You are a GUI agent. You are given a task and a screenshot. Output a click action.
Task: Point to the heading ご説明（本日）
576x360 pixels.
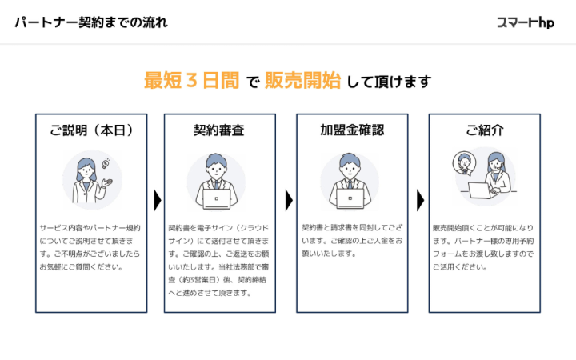(91, 130)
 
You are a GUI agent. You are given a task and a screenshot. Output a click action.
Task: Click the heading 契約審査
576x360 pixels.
(218, 130)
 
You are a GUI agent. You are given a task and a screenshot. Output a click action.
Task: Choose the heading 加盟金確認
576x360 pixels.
(351, 130)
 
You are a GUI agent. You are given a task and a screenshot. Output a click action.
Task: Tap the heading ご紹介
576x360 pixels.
(485, 130)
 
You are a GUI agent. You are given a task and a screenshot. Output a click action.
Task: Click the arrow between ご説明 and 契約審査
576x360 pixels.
(157, 200)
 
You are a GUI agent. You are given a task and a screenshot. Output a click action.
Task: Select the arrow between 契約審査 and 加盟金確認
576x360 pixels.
(289, 200)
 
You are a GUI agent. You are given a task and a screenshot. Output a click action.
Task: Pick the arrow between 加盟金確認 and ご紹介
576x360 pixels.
(421, 200)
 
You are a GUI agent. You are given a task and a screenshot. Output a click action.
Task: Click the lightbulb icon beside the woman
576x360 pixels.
(104, 164)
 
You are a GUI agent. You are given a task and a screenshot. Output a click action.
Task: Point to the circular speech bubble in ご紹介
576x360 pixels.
(464, 164)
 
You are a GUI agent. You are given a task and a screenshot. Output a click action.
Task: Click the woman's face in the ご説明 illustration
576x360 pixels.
(86, 169)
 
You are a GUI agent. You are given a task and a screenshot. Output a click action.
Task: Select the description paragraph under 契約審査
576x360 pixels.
(218, 260)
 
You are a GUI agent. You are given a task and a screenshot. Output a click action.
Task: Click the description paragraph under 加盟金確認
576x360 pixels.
(351, 241)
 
